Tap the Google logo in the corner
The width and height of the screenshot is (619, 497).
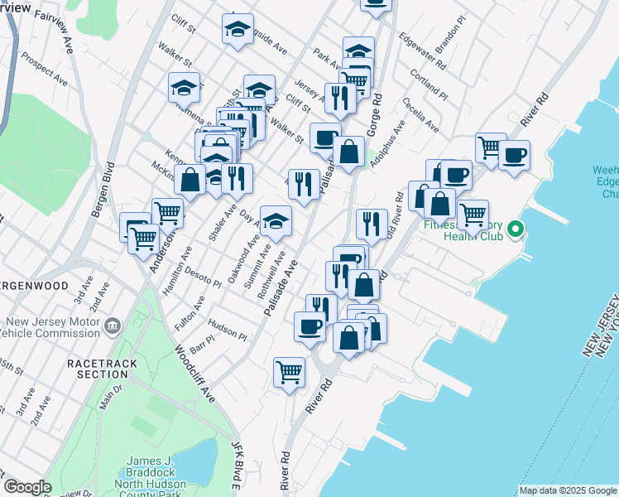tap(28, 487)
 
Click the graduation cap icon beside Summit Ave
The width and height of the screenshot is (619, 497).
tap(276, 220)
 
